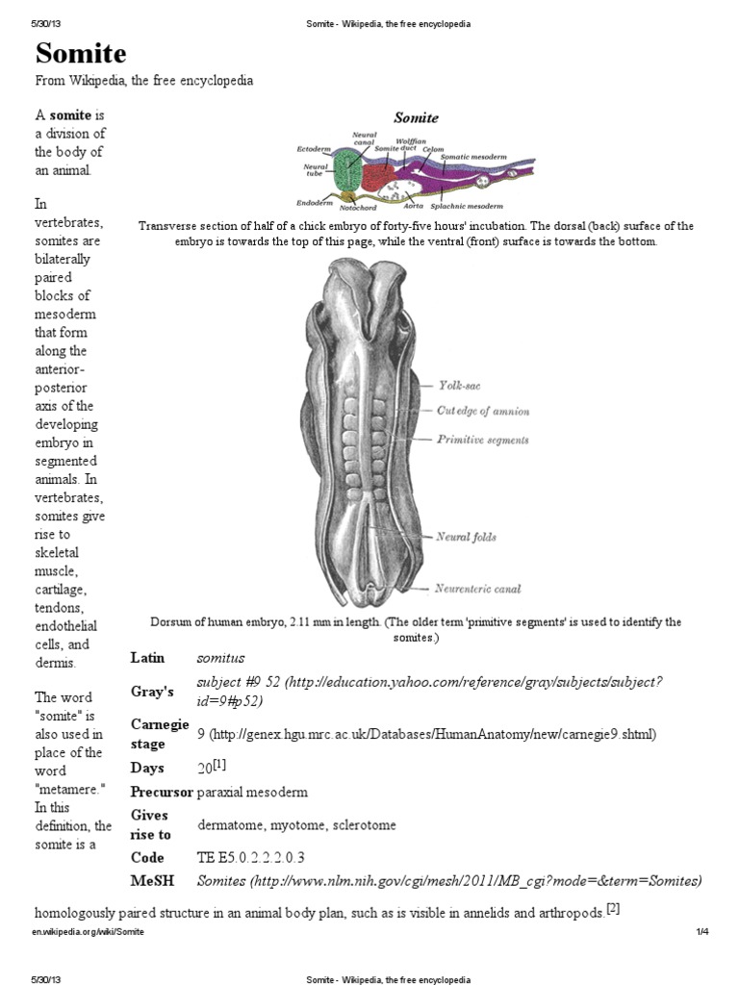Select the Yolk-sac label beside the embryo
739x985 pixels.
point(459,385)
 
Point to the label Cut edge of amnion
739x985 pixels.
point(482,412)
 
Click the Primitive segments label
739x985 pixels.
point(482,440)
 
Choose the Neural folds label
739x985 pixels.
point(467,537)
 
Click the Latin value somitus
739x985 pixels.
point(220,658)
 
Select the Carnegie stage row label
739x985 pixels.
point(159,733)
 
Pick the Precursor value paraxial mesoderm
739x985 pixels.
point(252,793)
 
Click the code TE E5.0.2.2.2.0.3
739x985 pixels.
point(250,857)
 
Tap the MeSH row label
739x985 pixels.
point(152,880)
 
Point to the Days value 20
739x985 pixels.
point(206,768)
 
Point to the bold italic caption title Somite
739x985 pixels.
point(416,117)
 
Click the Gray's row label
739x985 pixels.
point(152,692)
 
